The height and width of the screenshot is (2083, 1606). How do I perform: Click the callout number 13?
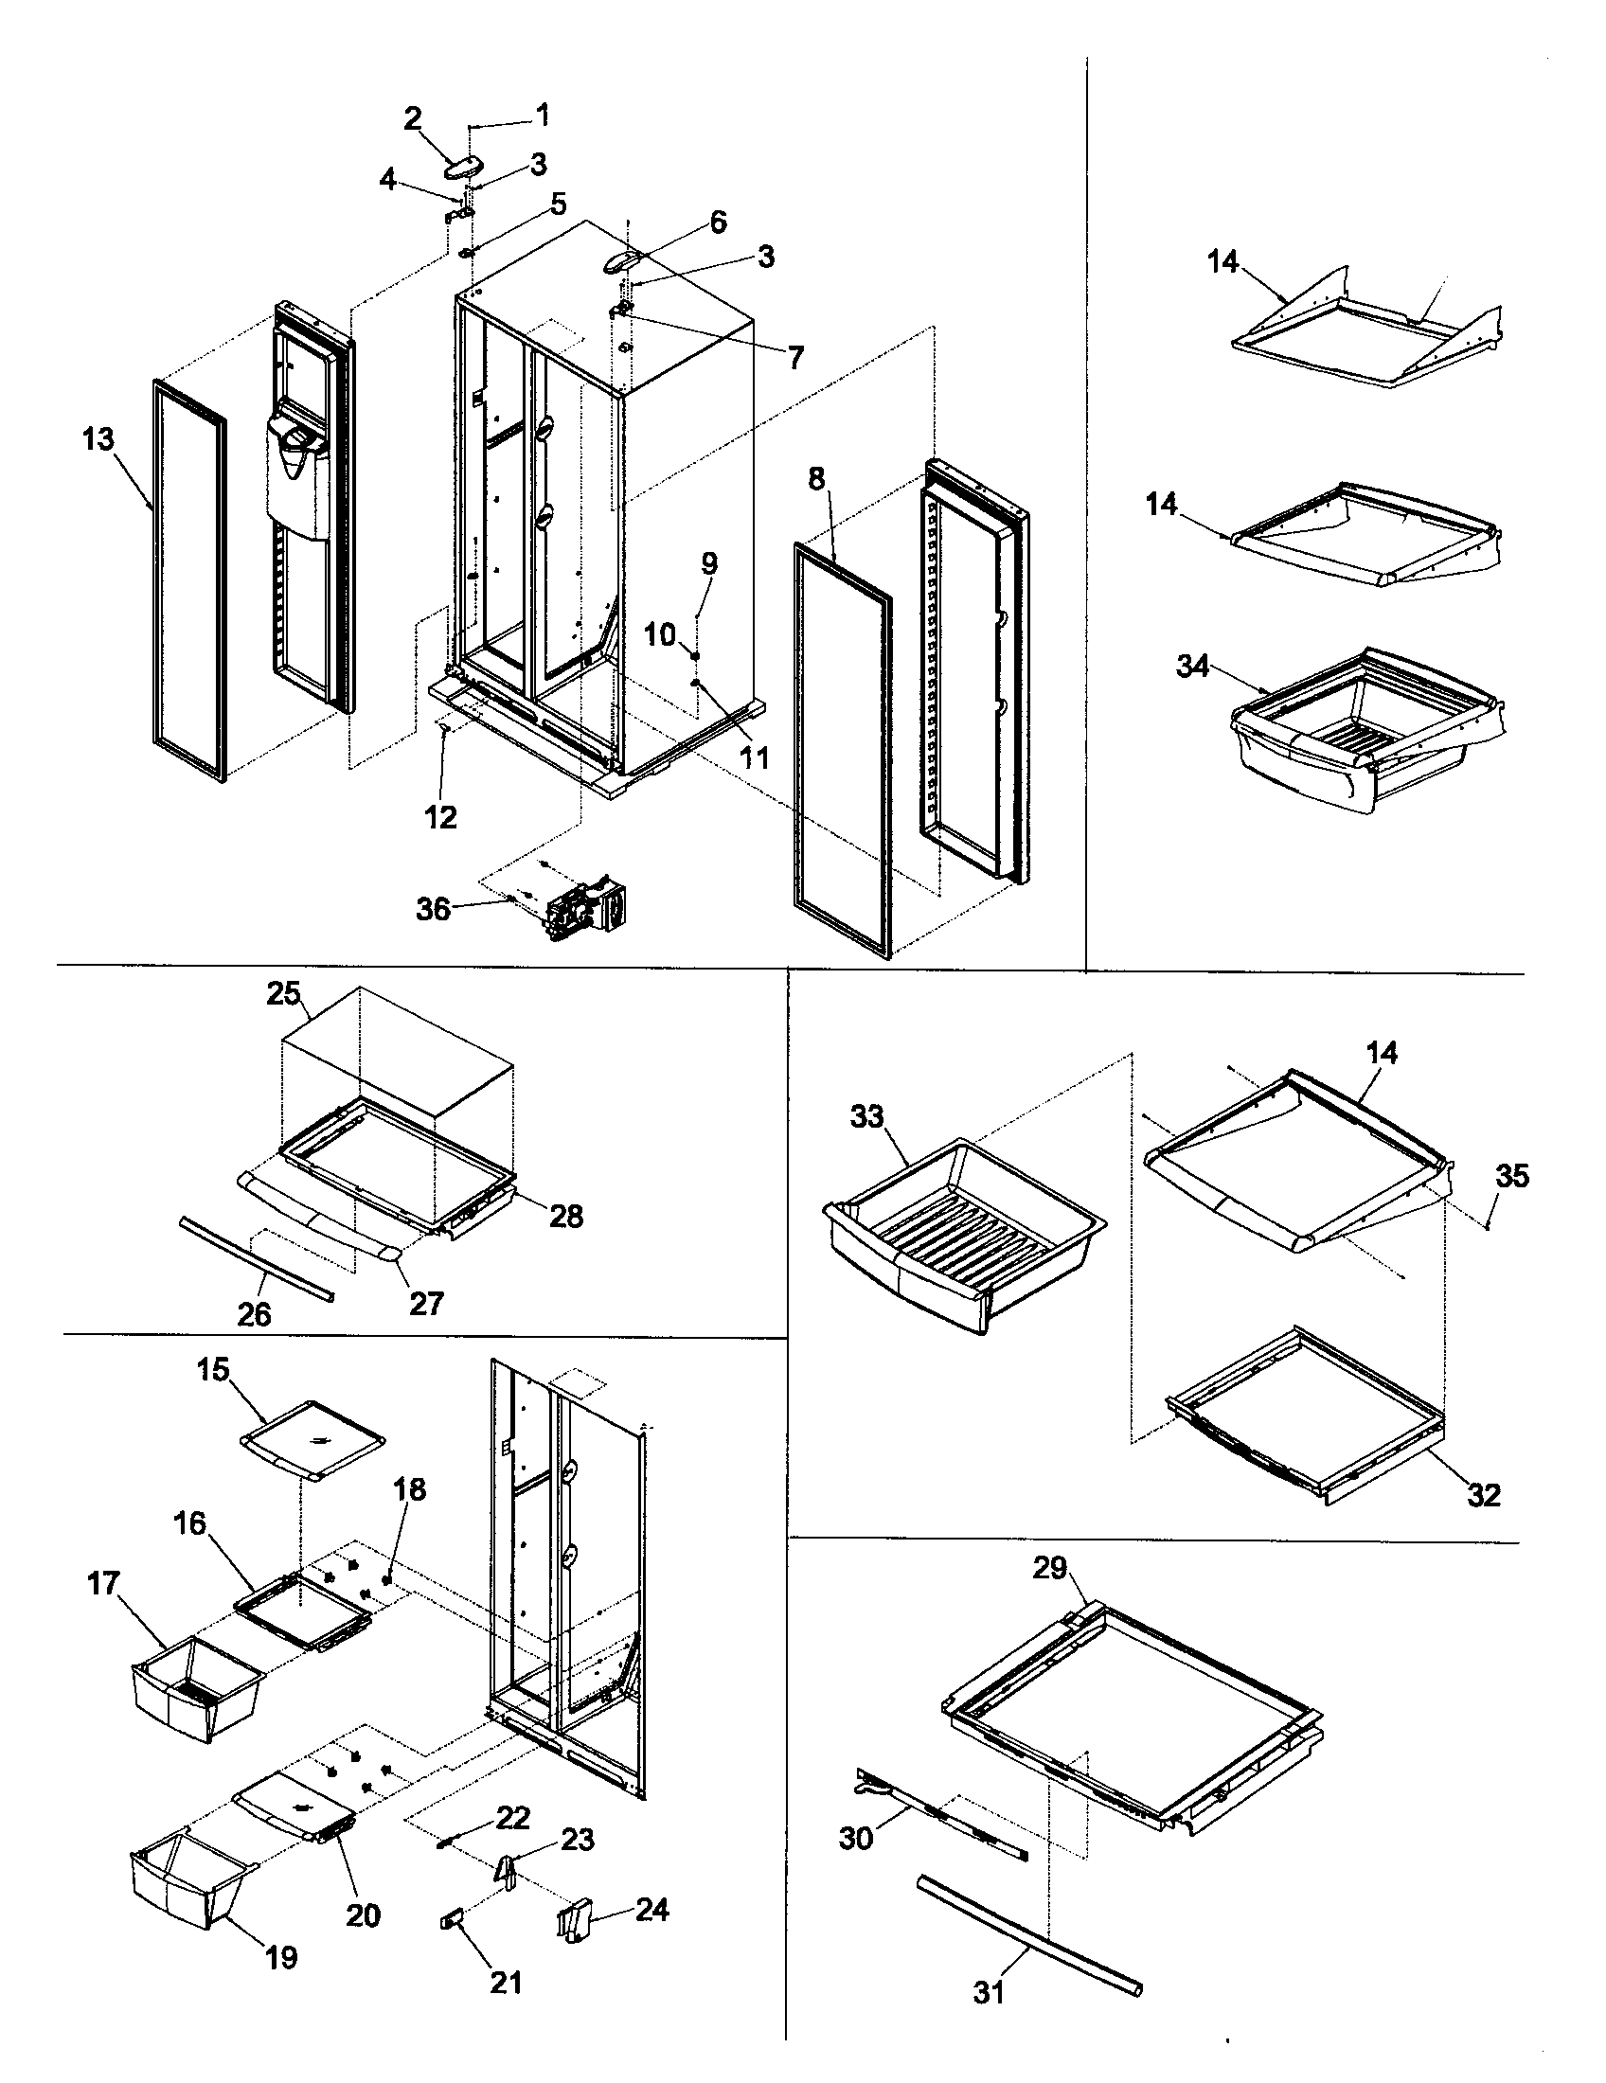point(98,439)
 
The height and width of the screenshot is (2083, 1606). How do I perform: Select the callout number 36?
point(433,909)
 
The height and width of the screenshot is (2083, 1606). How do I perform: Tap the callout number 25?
point(283,994)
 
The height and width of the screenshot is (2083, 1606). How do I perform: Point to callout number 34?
point(1192,666)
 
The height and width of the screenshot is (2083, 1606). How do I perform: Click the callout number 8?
point(816,479)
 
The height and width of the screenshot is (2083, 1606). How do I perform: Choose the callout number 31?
point(989,1993)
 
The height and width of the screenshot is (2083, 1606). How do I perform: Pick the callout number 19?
point(281,1957)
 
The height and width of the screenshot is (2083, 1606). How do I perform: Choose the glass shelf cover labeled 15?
point(312,1443)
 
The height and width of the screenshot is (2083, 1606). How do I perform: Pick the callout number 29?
point(1050,1567)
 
